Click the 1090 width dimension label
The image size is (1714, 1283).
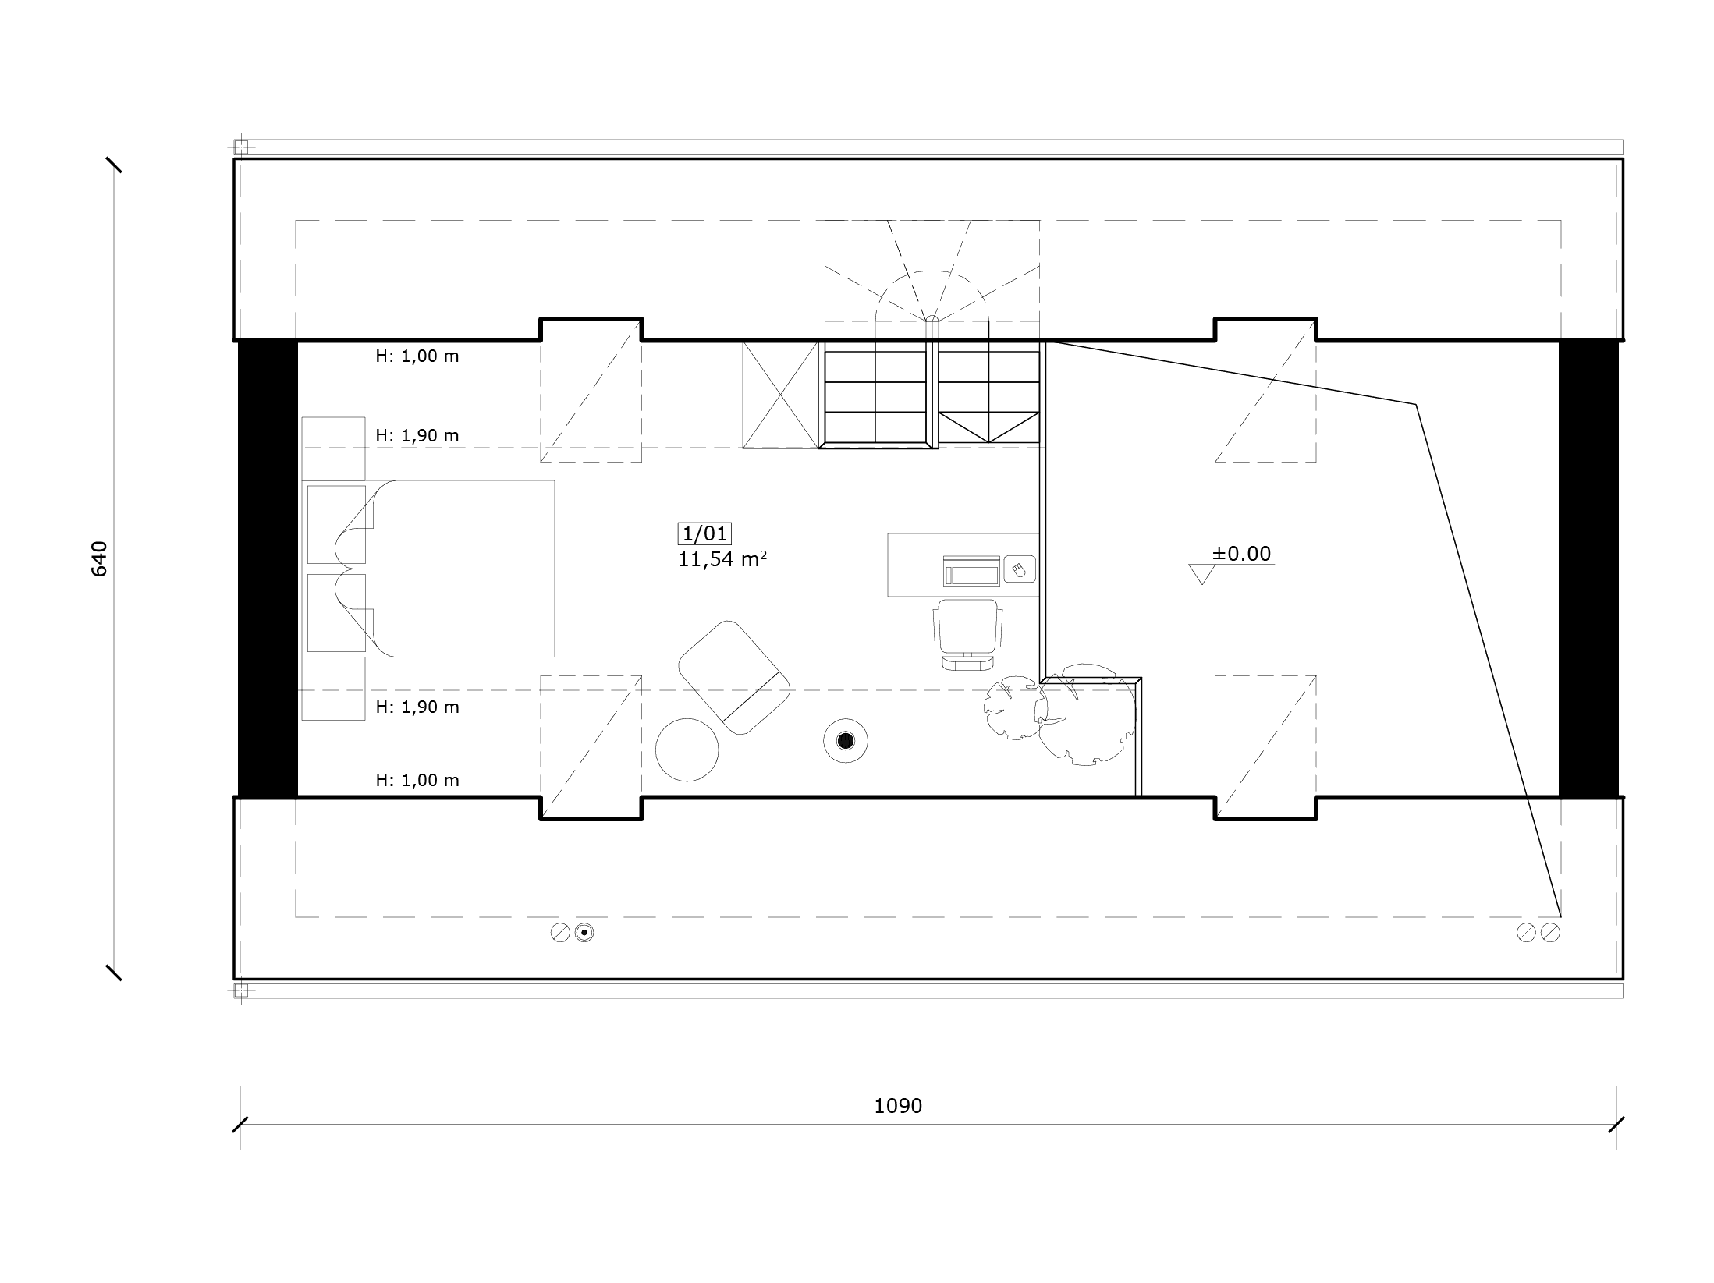coord(898,1106)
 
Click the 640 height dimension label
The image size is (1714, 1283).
coord(99,558)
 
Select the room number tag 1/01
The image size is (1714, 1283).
coord(704,533)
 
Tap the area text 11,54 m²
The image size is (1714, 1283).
coord(722,558)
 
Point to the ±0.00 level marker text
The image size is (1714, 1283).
coord(1241,553)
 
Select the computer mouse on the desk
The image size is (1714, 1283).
coord(1019,569)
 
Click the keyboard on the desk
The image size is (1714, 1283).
coord(971,571)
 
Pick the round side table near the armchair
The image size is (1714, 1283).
coord(687,750)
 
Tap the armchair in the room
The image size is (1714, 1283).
coord(734,676)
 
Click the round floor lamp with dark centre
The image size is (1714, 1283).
coord(846,740)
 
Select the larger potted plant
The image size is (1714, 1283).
coord(1086,716)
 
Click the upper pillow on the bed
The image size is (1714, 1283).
coord(336,524)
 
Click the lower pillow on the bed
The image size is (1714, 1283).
coord(336,613)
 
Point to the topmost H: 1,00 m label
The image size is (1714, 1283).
coord(417,356)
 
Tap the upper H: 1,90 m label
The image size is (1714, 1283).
coord(417,435)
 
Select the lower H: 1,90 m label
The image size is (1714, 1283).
coord(417,707)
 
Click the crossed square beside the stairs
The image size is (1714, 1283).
coord(780,395)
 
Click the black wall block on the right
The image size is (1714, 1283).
coord(1588,569)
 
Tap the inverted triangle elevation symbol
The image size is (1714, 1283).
coord(1202,574)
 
